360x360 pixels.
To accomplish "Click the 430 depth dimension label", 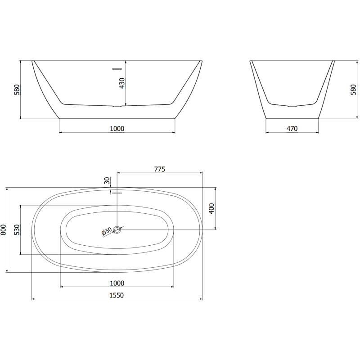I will [x=122, y=84].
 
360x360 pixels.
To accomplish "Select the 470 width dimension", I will [x=292, y=129].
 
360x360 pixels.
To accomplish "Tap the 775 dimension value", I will [x=160, y=169].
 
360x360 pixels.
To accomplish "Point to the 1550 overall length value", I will [x=117, y=295].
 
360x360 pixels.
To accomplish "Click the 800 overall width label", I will [x=4, y=230].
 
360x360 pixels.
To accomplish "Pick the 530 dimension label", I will [x=17, y=230].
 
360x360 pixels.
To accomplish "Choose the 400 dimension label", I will [x=212, y=208].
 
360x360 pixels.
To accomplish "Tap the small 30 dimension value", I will [x=107, y=181].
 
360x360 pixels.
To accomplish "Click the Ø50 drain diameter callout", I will [x=107, y=231].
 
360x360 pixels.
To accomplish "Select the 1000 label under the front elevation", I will [x=117, y=129].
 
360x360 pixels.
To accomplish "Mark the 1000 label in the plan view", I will [x=117, y=283].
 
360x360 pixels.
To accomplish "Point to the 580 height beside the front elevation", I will [x=17, y=90].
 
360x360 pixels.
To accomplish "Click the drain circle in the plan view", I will [x=117, y=230].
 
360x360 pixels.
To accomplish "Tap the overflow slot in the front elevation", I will [x=117, y=69].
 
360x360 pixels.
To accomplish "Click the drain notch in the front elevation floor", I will [x=117, y=107].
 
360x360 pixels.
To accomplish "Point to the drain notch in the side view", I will [x=292, y=107].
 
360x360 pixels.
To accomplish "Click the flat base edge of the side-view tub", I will [x=292, y=119].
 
